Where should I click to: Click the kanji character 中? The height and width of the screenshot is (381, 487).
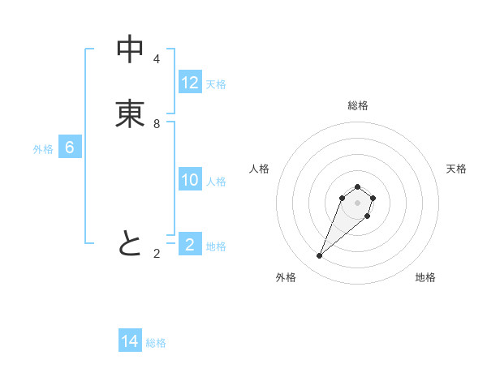click(130, 49)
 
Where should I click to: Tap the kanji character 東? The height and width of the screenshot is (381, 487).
click(130, 114)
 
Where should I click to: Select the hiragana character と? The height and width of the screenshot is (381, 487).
click(130, 243)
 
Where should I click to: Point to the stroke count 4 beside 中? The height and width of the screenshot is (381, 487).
click(156, 59)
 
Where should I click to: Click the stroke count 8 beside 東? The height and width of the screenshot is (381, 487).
click(156, 124)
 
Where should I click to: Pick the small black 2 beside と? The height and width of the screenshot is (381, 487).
click(156, 254)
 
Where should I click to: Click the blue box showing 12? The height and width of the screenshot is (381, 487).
click(190, 83)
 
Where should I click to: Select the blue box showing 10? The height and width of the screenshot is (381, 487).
click(190, 180)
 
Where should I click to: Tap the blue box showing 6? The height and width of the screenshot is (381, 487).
click(70, 148)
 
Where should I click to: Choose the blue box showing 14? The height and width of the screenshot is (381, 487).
click(130, 341)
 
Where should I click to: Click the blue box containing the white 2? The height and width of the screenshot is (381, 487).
click(190, 245)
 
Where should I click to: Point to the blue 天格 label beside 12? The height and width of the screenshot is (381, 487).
click(216, 84)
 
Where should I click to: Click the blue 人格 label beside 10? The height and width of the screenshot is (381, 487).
click(217, 182)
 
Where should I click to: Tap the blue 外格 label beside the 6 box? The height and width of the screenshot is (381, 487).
click(43, 149)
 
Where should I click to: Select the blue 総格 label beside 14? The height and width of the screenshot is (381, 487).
click(156, 343)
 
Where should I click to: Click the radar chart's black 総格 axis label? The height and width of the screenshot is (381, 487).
click(357, 105)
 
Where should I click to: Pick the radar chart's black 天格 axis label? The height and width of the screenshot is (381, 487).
click(456, 169)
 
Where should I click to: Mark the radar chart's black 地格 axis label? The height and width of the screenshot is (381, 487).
click(425, 277)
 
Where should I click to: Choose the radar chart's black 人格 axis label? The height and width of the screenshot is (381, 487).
click(260, 169)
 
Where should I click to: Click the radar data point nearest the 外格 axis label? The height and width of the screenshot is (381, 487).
click(320, 256)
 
